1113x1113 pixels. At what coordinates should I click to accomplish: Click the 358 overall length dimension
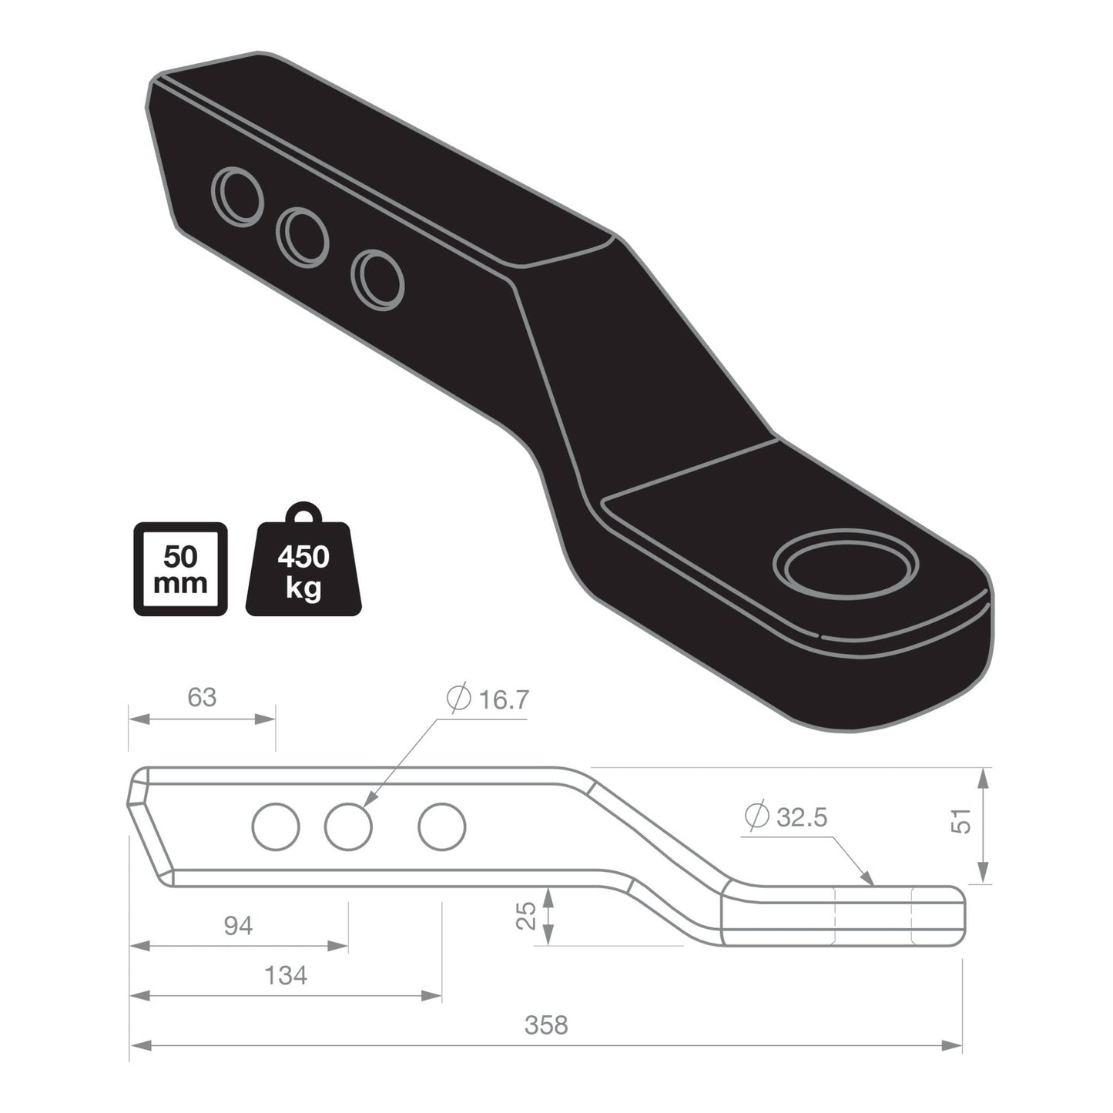pos(545,1025)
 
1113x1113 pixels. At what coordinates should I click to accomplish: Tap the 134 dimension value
pos(285,976)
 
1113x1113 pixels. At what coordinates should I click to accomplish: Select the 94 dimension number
pos(238,926)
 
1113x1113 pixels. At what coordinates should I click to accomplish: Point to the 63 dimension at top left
pos(202,697)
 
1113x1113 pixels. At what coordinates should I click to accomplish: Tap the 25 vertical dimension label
pos(526,916)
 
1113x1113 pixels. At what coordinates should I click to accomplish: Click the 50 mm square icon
pos(181,569)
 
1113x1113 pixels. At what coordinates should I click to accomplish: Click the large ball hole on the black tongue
pos(847,565)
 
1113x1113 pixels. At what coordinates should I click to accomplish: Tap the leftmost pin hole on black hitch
pos(239,196)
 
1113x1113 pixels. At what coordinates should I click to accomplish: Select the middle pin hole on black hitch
pos(303,236)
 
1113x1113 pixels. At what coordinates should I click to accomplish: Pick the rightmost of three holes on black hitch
pos(378,280)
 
